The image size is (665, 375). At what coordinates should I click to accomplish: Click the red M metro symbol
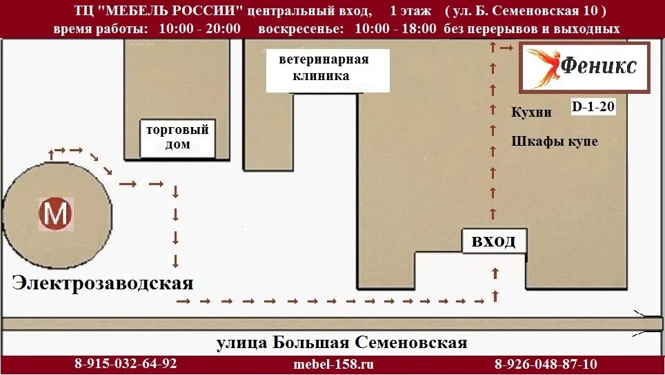55,214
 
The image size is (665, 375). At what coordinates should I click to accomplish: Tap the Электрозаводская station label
102,282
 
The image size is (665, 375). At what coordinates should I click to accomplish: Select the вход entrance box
493,242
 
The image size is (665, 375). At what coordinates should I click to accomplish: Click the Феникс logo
585,67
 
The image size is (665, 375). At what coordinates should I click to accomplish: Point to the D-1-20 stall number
593,107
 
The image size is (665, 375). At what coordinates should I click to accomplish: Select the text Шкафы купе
555,142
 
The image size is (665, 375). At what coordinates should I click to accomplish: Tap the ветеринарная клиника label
323,68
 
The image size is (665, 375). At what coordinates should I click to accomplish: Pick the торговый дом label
177,137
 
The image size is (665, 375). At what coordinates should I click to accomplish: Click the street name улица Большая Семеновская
341,343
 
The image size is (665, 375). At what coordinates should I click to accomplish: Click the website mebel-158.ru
333,364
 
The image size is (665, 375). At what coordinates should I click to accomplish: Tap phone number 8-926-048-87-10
546,364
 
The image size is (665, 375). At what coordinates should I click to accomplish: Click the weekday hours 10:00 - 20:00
199,29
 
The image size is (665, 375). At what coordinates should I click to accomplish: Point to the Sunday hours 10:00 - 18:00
396,29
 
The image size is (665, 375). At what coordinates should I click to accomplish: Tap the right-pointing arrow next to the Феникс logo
506,48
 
